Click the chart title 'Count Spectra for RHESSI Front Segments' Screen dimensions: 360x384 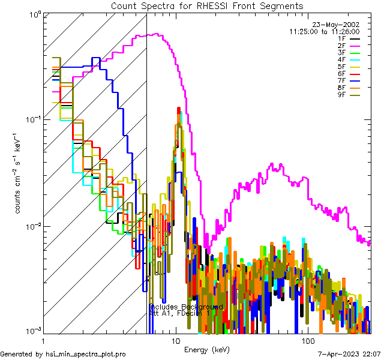[x=207, y=5]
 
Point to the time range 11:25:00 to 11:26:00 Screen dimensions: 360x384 [x=324, y=31]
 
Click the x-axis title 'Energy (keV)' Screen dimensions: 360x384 [x=206, y=349]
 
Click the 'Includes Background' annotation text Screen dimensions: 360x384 [x=186, y=307]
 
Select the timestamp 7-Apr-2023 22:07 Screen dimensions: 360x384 [x=349, y=355]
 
